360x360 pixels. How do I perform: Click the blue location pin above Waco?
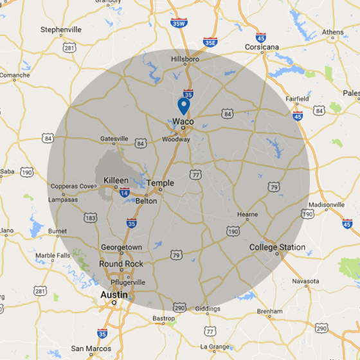[183, 105]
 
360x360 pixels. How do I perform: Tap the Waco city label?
[183, 122]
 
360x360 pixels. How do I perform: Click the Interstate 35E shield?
[210, 42]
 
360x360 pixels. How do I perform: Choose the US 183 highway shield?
[91, 219]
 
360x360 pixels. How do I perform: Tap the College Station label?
[277, 248]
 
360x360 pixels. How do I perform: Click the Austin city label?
[113, 295]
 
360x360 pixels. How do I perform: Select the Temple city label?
[160, 183]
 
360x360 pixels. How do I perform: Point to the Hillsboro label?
[185, 59]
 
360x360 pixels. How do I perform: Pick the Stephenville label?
[62, 30]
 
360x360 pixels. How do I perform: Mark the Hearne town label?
[247, 215]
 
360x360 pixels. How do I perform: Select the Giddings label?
[208, 309]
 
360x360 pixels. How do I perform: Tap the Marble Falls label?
[54, 255]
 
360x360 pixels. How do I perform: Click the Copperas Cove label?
[73, 186]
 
